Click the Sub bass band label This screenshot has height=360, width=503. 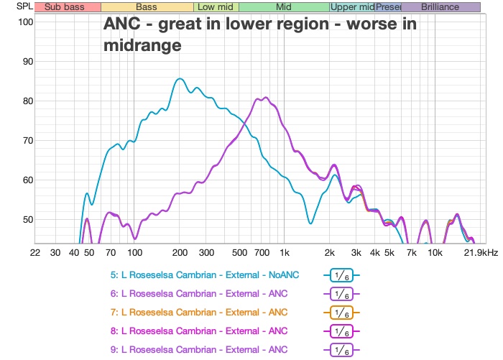pyautogui.click(x=64, y=6)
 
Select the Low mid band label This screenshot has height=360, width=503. pyautogui.click(x=216, y=6)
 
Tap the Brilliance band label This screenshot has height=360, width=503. pyautogui.click(x=440, y=6)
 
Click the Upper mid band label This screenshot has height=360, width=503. pyautogui.click(x=352, y=6)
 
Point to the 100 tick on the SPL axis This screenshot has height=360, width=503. pyautogui.click(x=26, y=22)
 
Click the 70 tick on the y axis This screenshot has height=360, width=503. pyautogui.click(x=26, y=140)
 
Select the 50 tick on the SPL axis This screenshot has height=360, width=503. pyautogui.click(x=26, y=219)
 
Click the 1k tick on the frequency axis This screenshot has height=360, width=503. pyautogui.click(x=285, y=253)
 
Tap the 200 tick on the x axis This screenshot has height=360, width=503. pyautogui.click(x=180, y=253)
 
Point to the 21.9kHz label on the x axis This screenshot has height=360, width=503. pyautogui.click(x=481, y=253)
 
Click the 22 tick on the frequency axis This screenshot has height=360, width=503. pyautogui.click(x=35, y=253)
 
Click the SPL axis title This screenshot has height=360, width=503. pyautogui.click(x=14, y=6)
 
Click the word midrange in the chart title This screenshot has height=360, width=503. pyautogui.click(x=142, y=45)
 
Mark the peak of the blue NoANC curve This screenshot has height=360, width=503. pyautogui.click(x=180, y=79)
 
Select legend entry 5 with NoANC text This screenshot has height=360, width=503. pyautogui.click(x=207, y=275)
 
